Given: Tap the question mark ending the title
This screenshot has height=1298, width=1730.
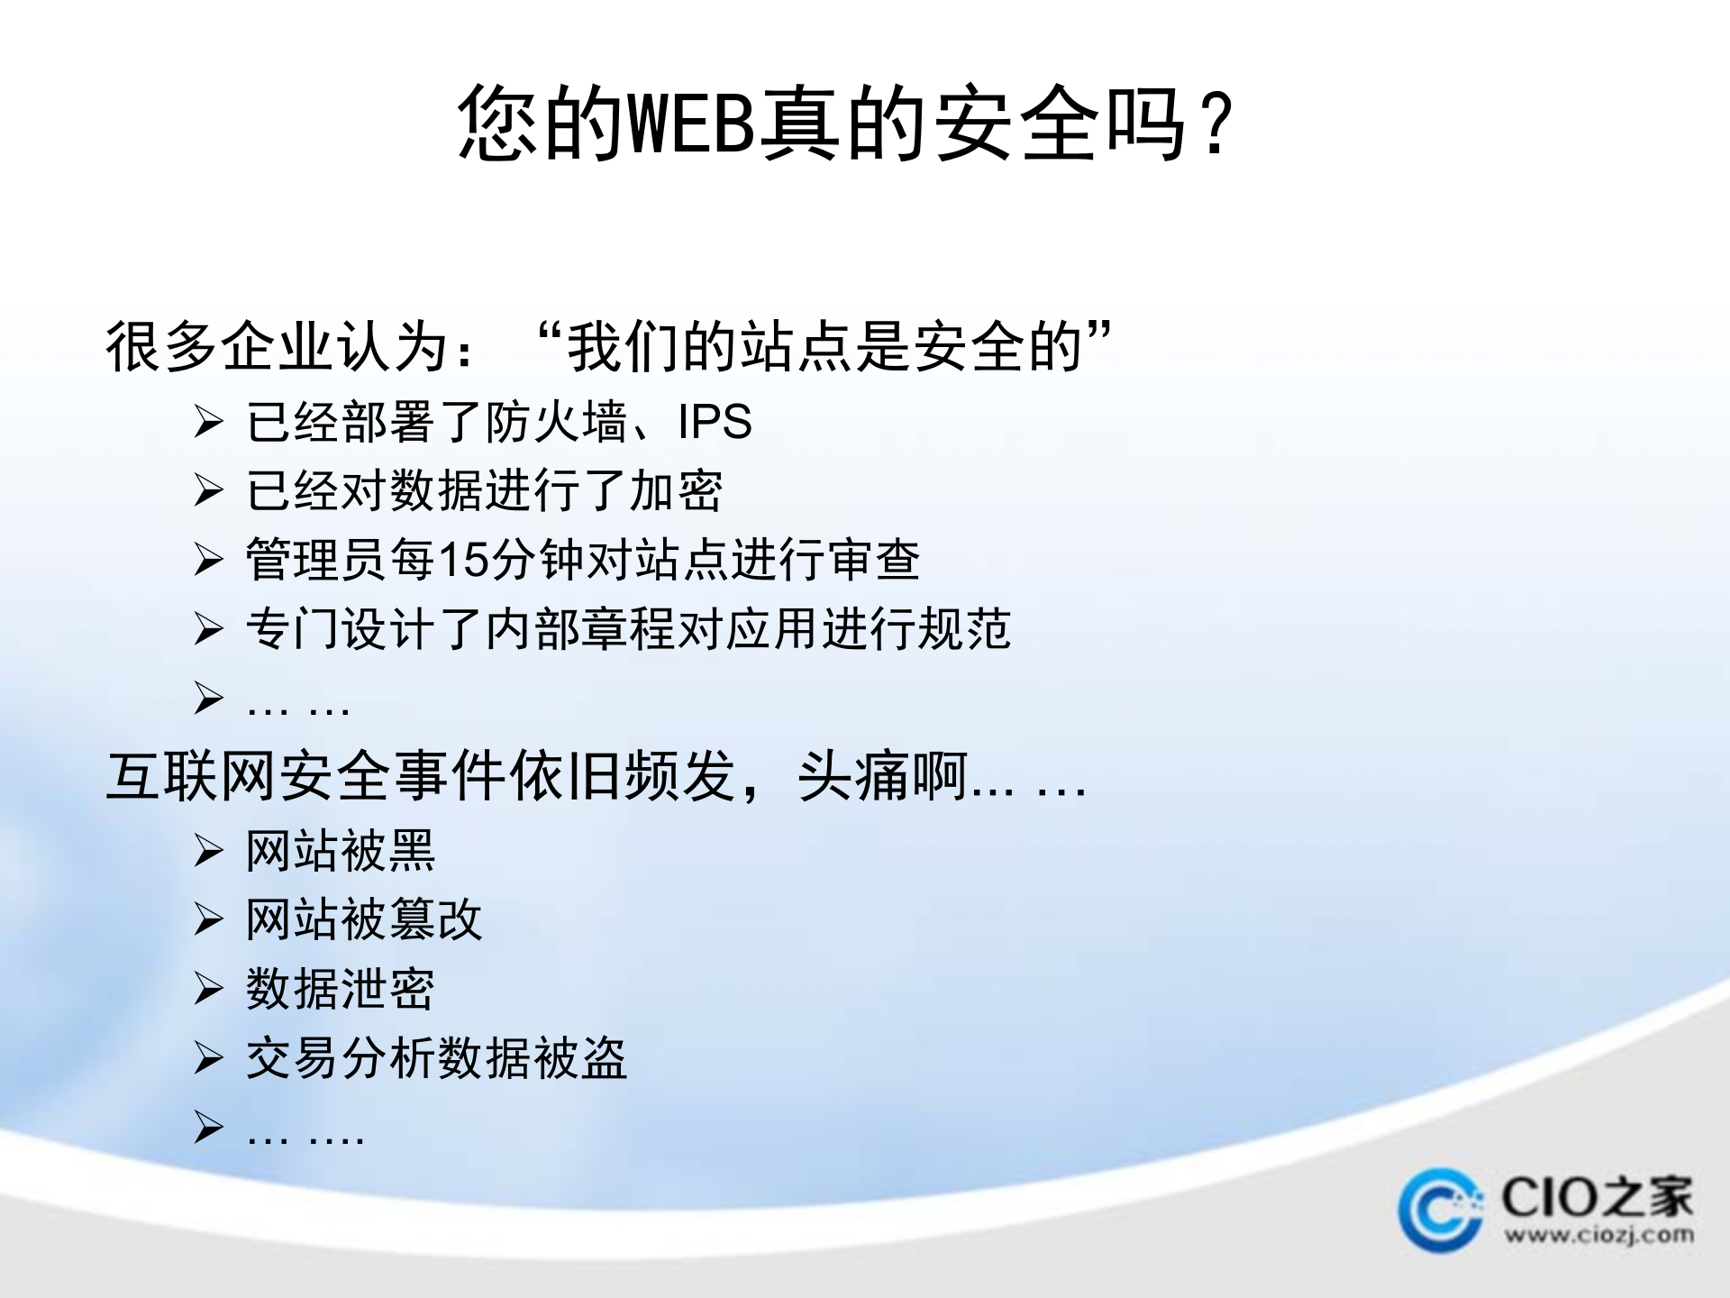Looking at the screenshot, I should (1217, 124).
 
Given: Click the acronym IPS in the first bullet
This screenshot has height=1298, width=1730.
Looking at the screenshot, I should (715, 422).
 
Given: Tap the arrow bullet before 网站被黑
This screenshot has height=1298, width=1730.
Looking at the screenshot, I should (208, 851).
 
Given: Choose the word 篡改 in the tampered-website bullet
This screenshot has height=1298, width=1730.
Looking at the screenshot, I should (436, 920).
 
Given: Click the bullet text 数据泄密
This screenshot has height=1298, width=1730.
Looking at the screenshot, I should (341, 989).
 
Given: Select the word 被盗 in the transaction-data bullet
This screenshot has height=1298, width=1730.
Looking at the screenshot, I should (580, 1058).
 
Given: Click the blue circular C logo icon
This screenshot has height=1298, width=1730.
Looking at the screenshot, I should (1439, 1211).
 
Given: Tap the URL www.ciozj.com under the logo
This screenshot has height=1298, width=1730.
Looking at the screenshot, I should (1598, 1235).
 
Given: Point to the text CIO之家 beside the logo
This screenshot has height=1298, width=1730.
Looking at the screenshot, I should (1597, 1197).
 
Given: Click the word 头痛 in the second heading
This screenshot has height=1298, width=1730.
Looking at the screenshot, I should (853, 776).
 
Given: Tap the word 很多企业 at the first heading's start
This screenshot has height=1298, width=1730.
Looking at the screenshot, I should (220, 346).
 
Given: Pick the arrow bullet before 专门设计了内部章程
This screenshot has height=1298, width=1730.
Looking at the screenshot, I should (208, 629).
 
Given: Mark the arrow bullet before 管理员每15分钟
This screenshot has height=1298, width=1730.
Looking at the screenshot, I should (208, 560).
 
